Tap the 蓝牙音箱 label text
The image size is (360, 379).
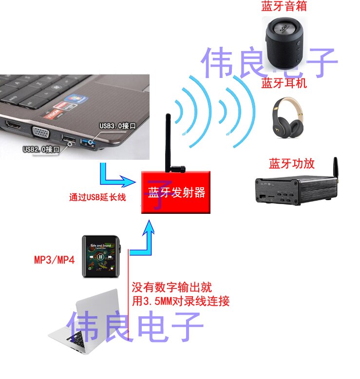(284, 7)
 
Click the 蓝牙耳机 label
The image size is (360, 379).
(284, 83)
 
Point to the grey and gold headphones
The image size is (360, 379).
(288, 117)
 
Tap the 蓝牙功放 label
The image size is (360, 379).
(292, 163)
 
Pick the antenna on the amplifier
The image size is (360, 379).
(335, 168)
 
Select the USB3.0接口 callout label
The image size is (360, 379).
(117, 126)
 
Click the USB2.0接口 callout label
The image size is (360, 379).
(41, 149)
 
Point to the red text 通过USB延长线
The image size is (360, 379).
(98, 197)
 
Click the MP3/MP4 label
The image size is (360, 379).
(54, 259)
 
